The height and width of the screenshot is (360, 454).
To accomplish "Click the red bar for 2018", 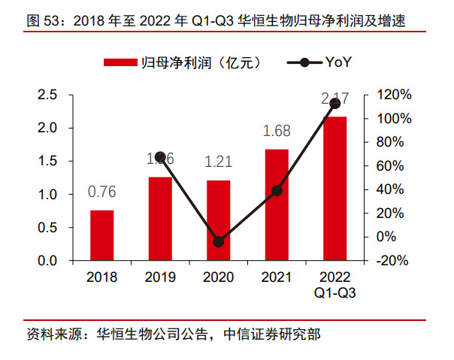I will tap(102, 235).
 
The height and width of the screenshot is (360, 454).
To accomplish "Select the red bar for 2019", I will tap(160, 219).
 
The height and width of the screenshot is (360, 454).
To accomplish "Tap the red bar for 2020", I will tap(219, 220).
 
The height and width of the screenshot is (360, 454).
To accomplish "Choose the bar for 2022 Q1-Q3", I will tap(335, 189).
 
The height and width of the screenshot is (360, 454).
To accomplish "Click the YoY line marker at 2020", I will tap(219, 242).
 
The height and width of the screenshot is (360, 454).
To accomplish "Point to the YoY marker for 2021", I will tap(277, 191).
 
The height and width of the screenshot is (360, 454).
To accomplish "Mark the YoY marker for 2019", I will tap(160, 157).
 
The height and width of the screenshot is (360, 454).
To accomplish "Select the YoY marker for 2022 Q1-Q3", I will tap(335, 103).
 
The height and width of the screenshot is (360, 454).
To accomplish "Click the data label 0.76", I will tap(102, 192).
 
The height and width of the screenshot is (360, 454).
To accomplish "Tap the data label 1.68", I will tap(277, 132).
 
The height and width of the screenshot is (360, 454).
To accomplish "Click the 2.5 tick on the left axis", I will tap(48, 95).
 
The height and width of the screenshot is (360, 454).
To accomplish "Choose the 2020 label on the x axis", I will tap(219, 278).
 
